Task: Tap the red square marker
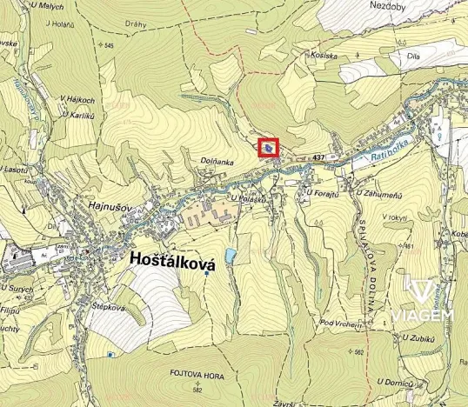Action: (270, 150)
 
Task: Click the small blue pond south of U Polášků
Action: (230, 256)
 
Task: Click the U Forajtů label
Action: (321, 192)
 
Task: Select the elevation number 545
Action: (108, 45)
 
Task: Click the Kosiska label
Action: (323, 55)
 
